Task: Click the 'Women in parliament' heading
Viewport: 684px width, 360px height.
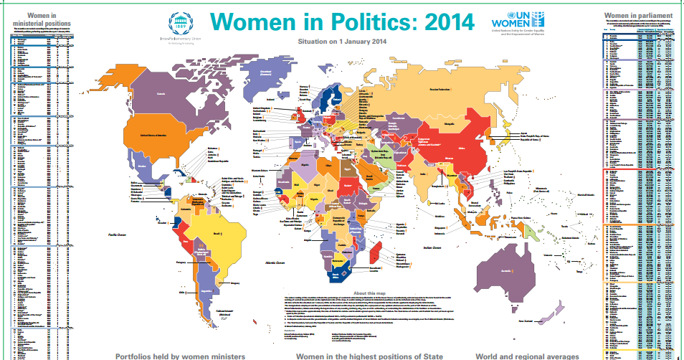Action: pyautogui.click(x=638, y=14)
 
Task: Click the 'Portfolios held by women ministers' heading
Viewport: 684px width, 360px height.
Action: pyautogui.click(x=181, y=355)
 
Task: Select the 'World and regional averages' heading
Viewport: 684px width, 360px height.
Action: pyautogui.click(x=528, y=355)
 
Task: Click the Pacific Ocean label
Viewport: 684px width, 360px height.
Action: pyautogui.click(x=118, y=235)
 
